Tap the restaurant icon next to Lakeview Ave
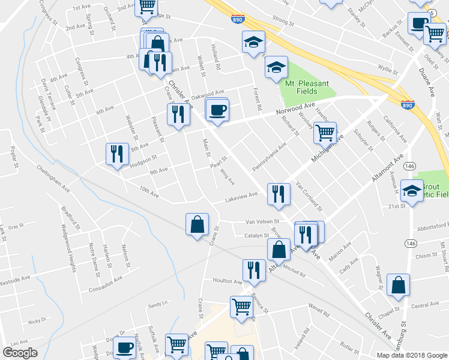[x=278, y=194]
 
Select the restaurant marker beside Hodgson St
[x=116, y=154]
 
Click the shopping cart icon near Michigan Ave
[x=325, y=132]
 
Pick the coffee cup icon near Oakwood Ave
[x=217, y=110]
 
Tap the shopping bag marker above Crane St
[x=197, y=224]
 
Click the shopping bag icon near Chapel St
[x=398, y=286]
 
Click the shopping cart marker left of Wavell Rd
[x=241, y=307]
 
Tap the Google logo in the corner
[x=20, y=352]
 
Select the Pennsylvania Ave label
[x=269, y=157]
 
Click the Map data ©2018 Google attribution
[x=411, y=355]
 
